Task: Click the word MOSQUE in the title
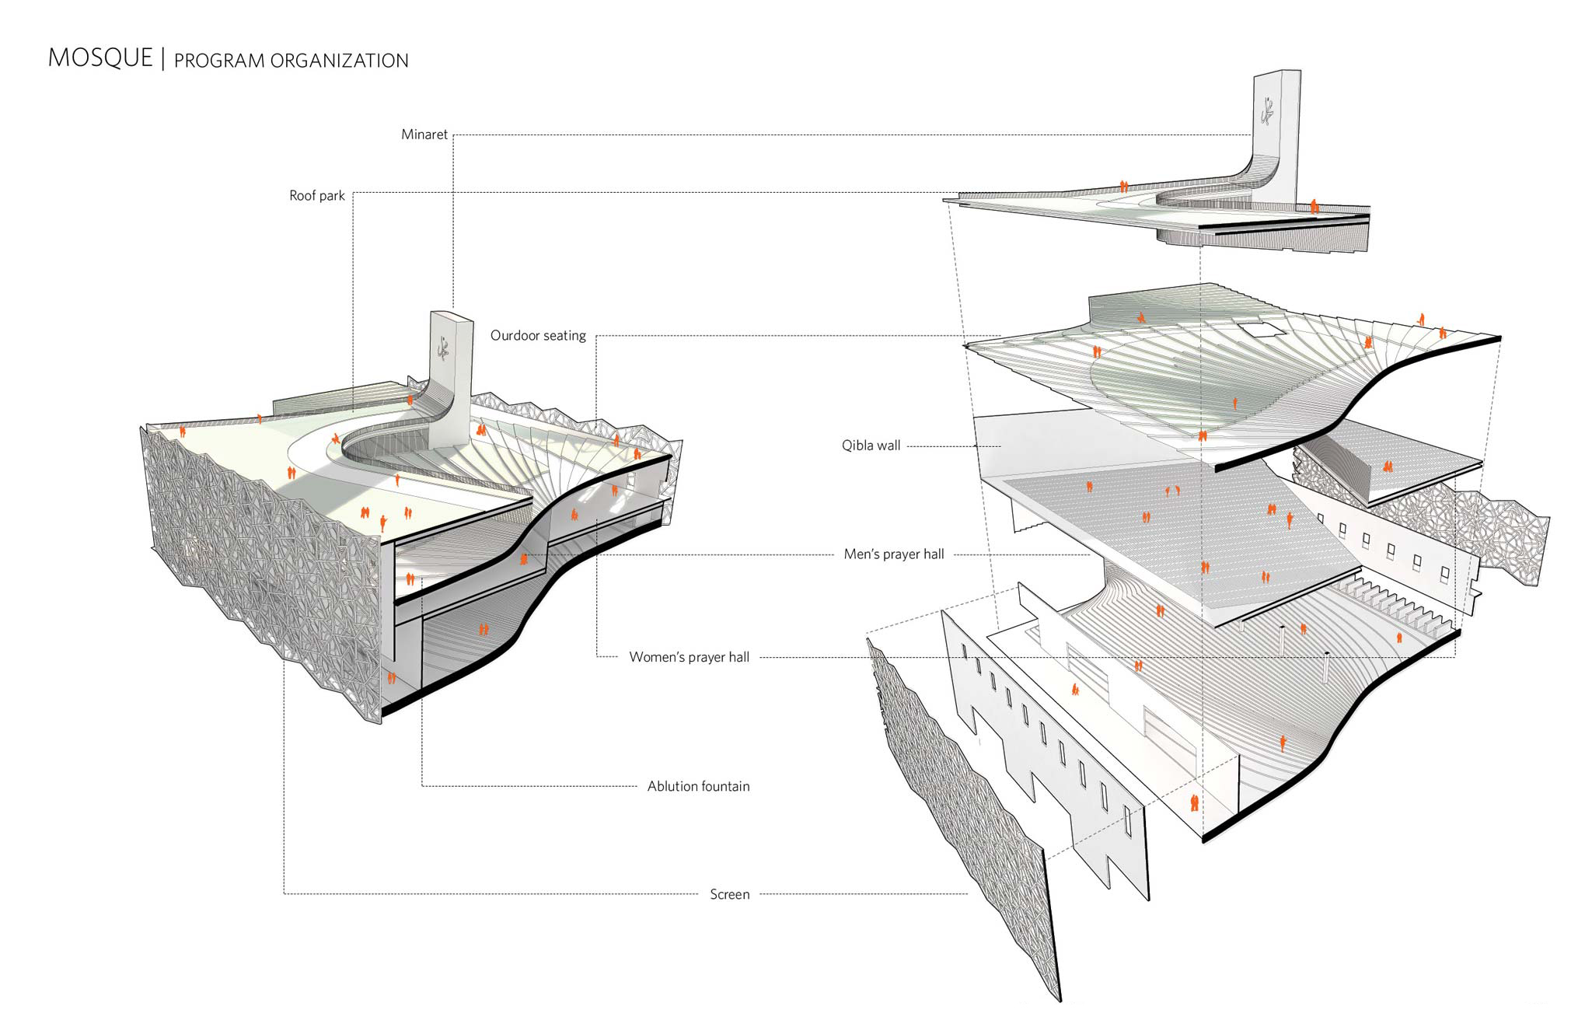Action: [x=100, y=58]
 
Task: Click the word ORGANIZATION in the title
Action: [x=339, y=61]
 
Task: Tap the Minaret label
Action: [x=424, y=135]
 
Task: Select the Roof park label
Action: [x=317, y=196]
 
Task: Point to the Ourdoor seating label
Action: [x=538, y=336]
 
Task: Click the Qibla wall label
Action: [x=871, y=446]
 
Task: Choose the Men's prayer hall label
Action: [x=894, y=554]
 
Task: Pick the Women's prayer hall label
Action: [x=690, y=657]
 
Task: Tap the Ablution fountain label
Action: [x=699, y=786]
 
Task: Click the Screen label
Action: [x=730, y=894]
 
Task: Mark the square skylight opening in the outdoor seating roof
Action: [x=1262, y=330]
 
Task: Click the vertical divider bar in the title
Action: [x=163, y=59]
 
